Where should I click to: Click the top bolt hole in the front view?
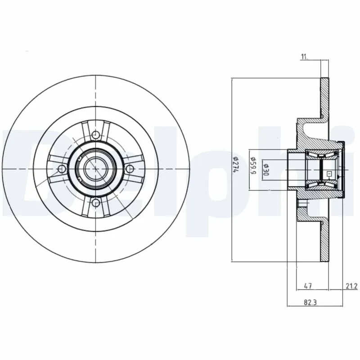pyautogui.click(x=96, y=134)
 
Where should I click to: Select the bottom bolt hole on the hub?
pyautogui.click(x=96, y=203)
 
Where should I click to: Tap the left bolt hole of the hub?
pyautogui.click(x=61, y=168)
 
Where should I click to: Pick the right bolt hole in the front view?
pyautogui.click(x=130, y=168)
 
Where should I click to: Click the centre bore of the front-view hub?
pyautogui.click(x=95, y=168)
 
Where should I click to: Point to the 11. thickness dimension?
pyautogui.click(x=304, y=56)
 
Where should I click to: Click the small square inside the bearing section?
pyautogui.click(x=329, y=173)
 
